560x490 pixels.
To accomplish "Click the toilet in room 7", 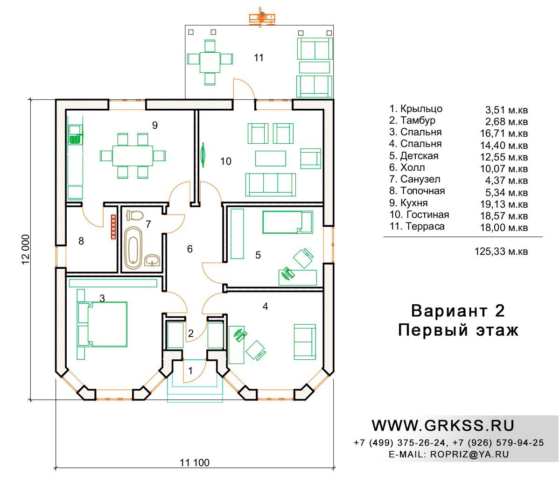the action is pyautogui.click(x=135, y=216).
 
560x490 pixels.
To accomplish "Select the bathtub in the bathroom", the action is pyautogui.click(x=133, y=247).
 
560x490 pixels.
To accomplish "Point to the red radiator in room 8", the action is pyautogui.click(x=113, y=227).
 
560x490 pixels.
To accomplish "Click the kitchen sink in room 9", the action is pyautogui.click(x=75, y=135).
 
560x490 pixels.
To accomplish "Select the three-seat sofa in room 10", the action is pyautogui.click(x=270, y=185).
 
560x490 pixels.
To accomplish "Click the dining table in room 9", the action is pyautogui.click(x=133, y=155).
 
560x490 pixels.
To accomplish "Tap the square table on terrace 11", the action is pyautogui.click(x=210, y=63).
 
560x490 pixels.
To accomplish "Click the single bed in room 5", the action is pyautogui.click(x=287, y=222).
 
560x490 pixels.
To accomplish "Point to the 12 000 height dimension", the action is pyautogui.click(x=26, y=249).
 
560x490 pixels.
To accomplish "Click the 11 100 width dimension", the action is pyautogui.click(x=194, y=462).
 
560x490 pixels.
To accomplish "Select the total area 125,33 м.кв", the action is pyautogui.click(x=501, y=251).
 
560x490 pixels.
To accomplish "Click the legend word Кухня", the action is pyautogui.click(x=414, y=203).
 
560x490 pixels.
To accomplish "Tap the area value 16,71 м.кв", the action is pyautogui.click(x=504, y=133).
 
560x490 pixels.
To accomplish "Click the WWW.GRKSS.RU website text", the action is pyautogui.click(x=443, y=426).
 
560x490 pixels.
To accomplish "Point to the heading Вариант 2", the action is pyautogui.click(x=458, y=311).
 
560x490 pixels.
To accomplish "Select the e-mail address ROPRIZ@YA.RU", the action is pyautogui.click(x=469, y=454).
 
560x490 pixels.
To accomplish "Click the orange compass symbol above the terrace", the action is pyautogui.click(x=262, y=18).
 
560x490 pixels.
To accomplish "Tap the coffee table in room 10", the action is pyautogui.click(x=270, y=158).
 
